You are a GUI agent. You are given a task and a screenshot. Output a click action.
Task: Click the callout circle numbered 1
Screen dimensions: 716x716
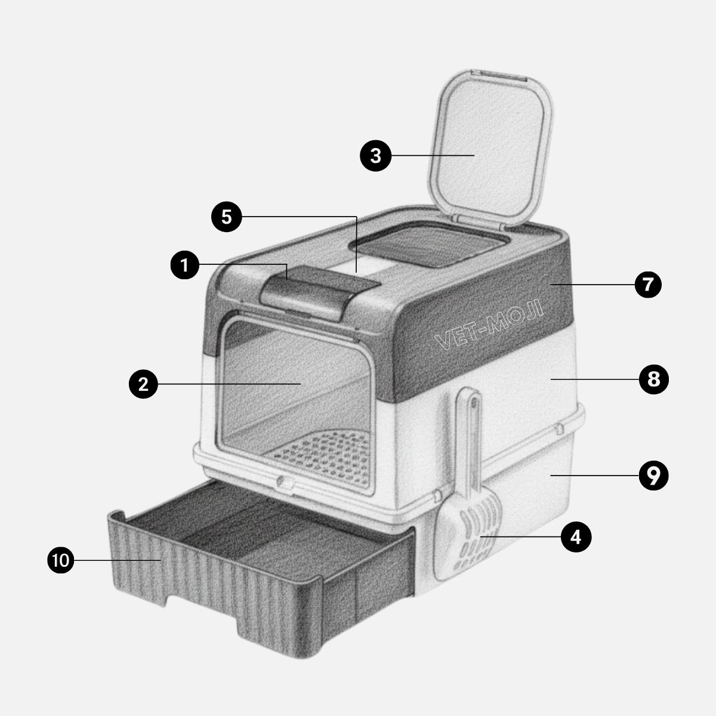tap(184, 265)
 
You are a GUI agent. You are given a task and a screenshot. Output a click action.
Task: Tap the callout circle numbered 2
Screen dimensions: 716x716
tap(143, 384)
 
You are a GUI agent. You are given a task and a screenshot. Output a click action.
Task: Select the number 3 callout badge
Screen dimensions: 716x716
tap(376, 156)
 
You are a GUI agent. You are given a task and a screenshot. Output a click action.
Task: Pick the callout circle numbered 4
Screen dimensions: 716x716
tap(576, 537)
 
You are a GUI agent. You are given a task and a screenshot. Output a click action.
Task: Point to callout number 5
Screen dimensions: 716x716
tap(227, 217)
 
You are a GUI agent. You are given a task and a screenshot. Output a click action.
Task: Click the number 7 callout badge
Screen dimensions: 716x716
tap(648, 285)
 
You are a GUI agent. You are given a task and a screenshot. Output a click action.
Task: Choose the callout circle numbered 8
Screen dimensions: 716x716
tap(653, 379)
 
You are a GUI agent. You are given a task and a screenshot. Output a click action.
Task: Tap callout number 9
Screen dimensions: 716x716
tap(653, 476)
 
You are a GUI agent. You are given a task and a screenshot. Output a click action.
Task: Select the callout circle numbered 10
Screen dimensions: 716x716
tap(61, 560)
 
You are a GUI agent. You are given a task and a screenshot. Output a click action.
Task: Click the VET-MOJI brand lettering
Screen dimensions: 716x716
tap(489, 325)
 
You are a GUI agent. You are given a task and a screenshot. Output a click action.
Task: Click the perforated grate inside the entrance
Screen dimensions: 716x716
tap(323, 458)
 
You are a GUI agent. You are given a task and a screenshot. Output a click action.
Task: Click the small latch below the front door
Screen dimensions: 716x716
tap(285, 483)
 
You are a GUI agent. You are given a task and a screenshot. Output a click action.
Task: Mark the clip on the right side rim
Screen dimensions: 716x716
tap(559, 428)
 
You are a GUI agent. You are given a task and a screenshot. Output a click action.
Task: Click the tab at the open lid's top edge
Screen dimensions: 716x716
tap(499, 74)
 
